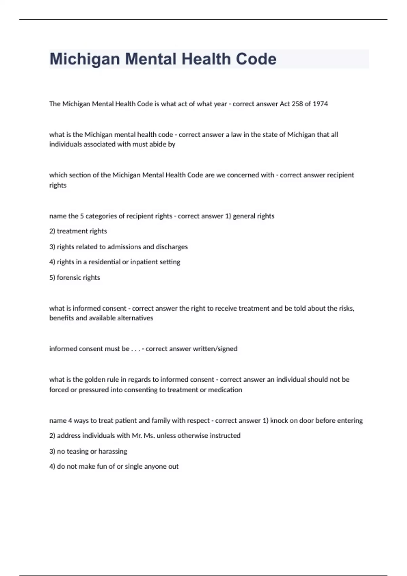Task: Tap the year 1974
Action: coord(320,104)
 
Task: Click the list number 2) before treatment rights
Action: coord(52,231)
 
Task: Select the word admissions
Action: coord(124,247)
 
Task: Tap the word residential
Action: coord(104,262)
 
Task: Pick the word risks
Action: coord(347,308)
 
